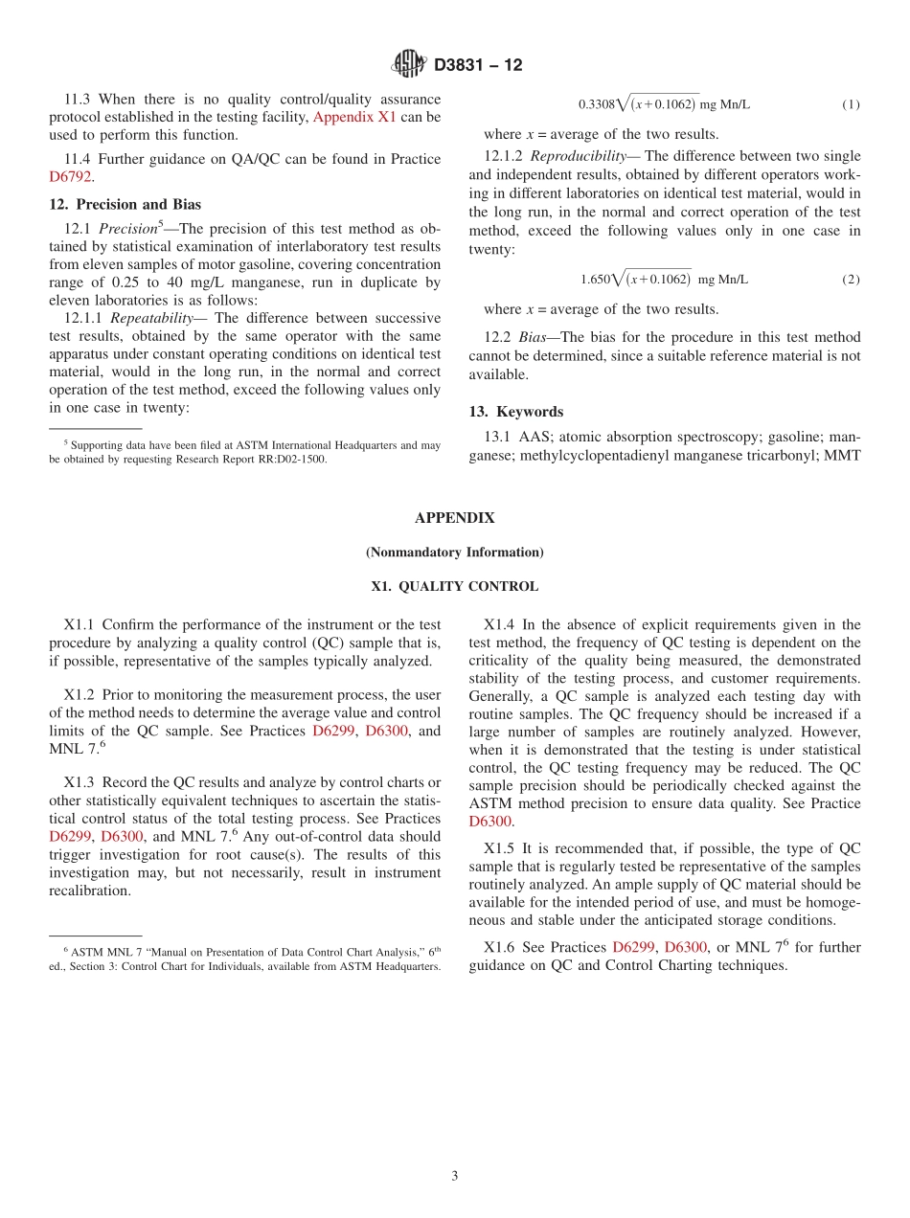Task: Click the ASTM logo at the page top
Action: click(409, 64)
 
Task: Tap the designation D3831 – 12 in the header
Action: click(478, 65)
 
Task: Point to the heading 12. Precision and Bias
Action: click(125, 204)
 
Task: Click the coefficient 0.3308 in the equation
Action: click(596, 104)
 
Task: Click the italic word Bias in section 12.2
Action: click(534, 337)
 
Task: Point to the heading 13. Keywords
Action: click(515, 412)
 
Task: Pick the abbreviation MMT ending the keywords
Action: click(843, 455)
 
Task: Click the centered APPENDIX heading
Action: click(454, 518)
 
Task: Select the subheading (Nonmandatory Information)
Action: click(454, 553)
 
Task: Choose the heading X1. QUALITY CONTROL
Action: click(454, 586)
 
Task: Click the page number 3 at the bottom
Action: click(455, 1176)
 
